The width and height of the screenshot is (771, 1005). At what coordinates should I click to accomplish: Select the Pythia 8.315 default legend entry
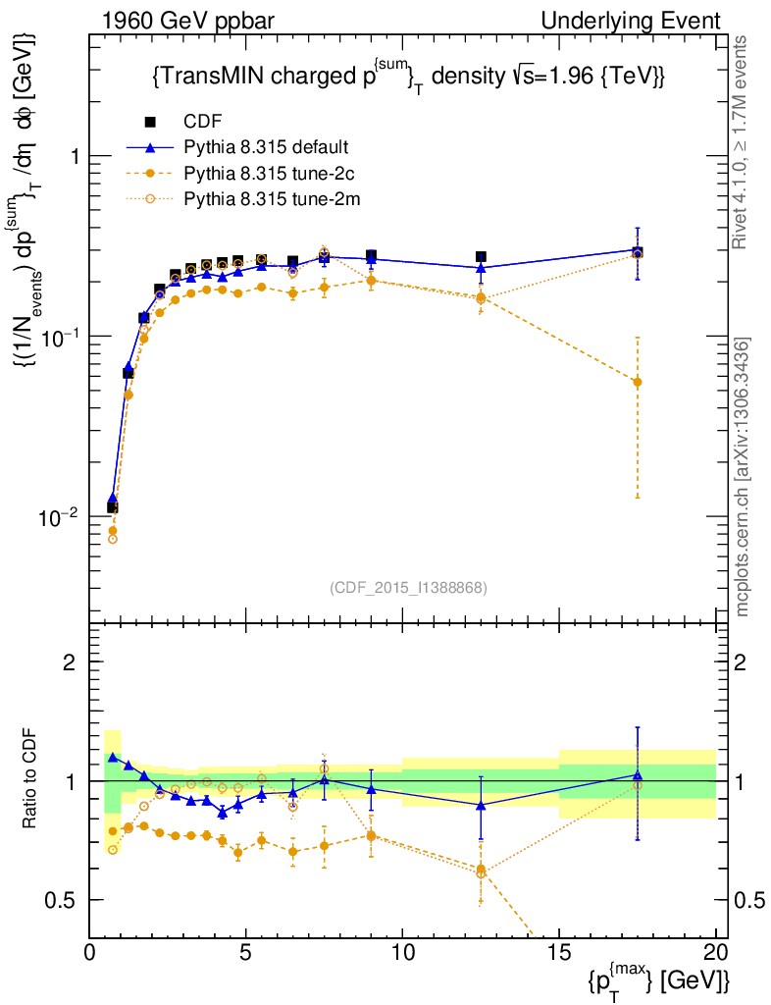click(266, 148)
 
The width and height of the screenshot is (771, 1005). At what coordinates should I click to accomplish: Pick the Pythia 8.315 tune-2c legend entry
click(266, 174)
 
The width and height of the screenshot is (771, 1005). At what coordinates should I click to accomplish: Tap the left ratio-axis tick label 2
click(70, 662)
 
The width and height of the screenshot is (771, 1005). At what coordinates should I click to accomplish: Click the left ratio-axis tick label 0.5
click(62, 900)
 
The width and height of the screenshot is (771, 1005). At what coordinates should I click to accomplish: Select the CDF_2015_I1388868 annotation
click(407, 587)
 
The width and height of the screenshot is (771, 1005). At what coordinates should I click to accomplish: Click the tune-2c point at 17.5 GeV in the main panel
click(638, 382)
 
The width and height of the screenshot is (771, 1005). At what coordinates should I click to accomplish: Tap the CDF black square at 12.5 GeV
click(481, 257)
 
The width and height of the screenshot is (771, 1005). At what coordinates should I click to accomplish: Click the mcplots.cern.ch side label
click(745, 477)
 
